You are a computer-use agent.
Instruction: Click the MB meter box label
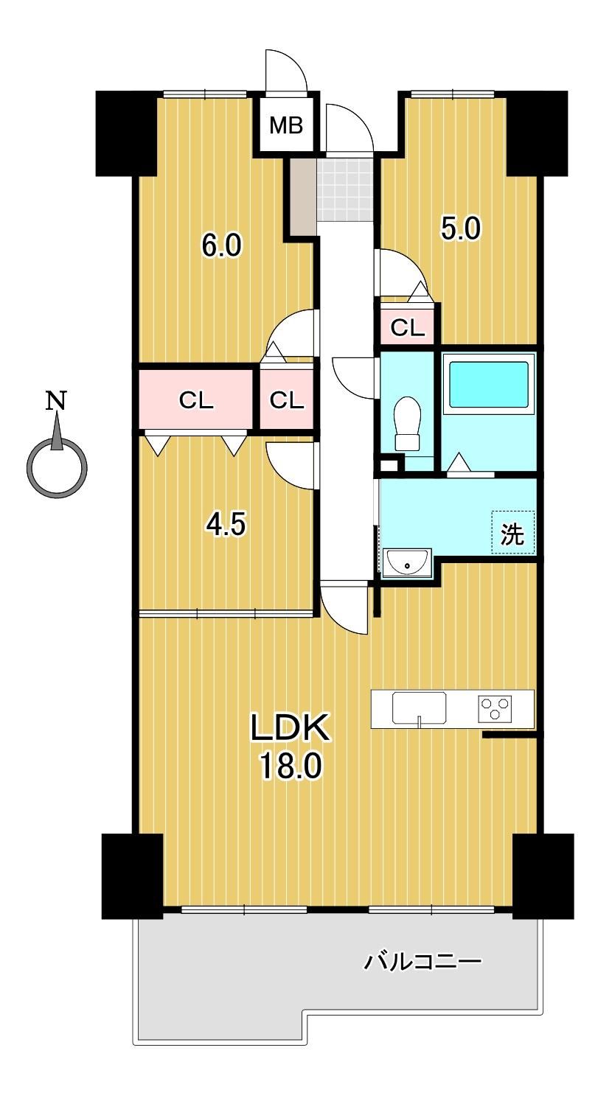click(287, 125)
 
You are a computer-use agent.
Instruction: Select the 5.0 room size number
click(461, 228)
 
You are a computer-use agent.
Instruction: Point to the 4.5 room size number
click(226, 525)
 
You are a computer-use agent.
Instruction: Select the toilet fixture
click(408, 423)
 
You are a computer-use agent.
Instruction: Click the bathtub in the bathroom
click(489, 384)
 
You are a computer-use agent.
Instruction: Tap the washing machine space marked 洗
click(513, 532)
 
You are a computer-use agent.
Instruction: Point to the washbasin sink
click(407, 563)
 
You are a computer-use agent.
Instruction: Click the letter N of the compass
click(57, 400)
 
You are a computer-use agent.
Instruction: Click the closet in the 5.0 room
click(407, 327)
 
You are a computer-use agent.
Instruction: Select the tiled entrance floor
click(346, 189)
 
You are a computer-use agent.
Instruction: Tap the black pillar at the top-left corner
click(126, 133)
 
